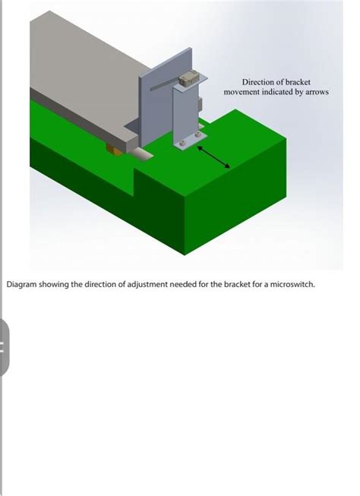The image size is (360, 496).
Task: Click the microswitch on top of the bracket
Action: tap(188, 77)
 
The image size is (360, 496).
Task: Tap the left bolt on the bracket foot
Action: tap(182, 144)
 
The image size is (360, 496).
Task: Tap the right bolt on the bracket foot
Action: tap(197, 134)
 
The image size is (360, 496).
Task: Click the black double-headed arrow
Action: tap(214, 157)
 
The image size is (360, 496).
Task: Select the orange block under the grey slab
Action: tap(114, 150)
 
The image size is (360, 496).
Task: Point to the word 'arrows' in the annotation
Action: tap(317, 92)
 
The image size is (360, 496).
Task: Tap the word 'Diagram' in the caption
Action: tap(22, 284)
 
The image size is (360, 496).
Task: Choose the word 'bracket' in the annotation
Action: tap(298, 82)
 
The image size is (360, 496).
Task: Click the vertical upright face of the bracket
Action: tap(185, 113)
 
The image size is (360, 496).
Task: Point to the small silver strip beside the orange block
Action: tap(141, 154)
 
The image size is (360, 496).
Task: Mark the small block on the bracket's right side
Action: tap(200, 104)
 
